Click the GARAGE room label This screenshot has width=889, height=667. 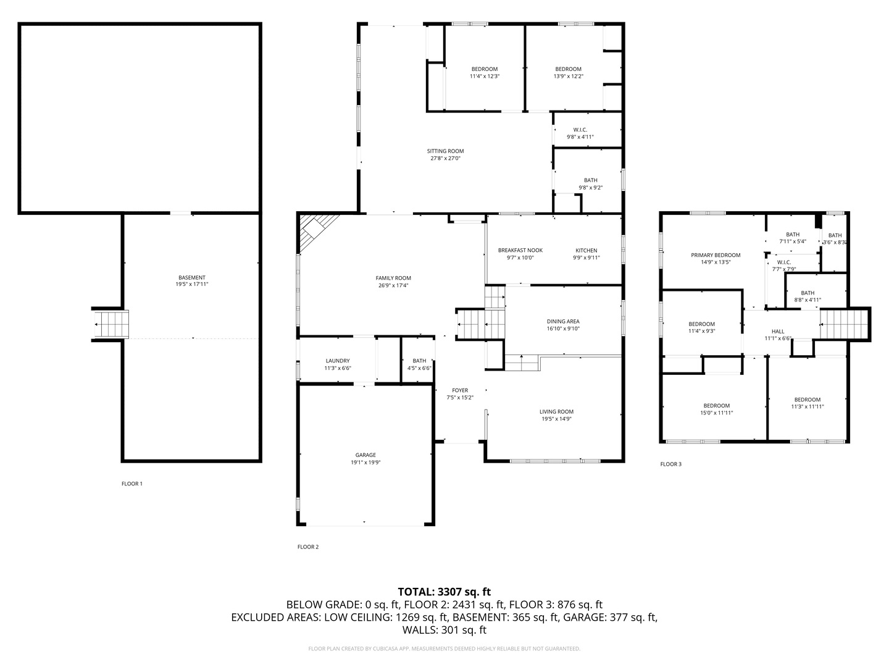click(x=365, y=455)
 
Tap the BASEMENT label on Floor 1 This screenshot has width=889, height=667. click(x=191, y=278)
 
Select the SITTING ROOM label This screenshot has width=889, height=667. click(x=445, y=151)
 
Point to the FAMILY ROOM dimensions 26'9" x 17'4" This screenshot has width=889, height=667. click(x=393, y=285)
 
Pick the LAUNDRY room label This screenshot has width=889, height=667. click(x=338, y=361)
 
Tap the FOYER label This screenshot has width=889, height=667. click(x=460, y=390)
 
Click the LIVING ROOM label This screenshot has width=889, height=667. click(x=556, y=412)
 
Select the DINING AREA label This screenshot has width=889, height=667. click(x=563, y=321)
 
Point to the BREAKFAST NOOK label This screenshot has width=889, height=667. click(x=520, y=250)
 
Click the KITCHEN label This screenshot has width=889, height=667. click(x=586, y=250)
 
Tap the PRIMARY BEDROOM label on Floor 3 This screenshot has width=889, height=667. click(x=716, y=255)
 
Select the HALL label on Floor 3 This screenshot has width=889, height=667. click(x=778, y=332)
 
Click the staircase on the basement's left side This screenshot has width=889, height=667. click(x=112, y=323)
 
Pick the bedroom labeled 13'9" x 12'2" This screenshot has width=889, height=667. click(x=568, y=72)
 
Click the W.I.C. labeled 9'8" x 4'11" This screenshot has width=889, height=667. click(x=580, y=133)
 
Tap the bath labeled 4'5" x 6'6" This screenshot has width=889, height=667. click(x=419, y=364)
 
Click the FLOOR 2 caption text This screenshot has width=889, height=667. click(x=308, y=547)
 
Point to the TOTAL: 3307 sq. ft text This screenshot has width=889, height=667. click(x=444, y=592)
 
